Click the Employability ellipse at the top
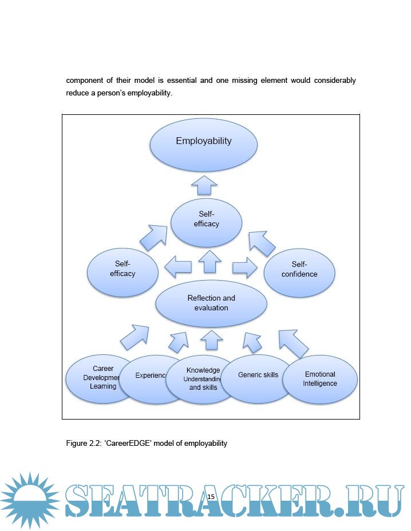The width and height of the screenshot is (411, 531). coord(204,146)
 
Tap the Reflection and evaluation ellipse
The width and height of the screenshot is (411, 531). coord(211,303)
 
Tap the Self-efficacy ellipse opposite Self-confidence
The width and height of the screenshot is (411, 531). coord(122,271)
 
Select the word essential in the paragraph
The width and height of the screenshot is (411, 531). coord(182,81)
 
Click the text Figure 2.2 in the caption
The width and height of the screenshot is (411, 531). coord(85,443)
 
